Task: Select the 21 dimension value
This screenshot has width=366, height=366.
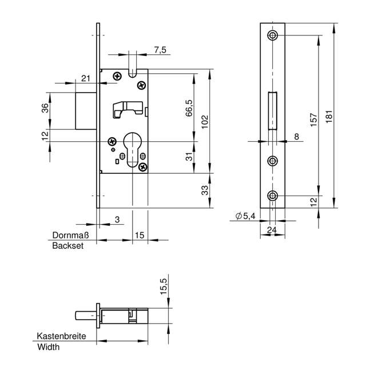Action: (86, 78)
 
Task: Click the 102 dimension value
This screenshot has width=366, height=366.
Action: (205, 122)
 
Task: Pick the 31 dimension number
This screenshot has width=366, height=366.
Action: (189, 157)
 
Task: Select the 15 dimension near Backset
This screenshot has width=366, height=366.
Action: (139, 235)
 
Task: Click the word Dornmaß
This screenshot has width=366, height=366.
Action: (68, 235)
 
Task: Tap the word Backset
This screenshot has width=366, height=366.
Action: (68, 245)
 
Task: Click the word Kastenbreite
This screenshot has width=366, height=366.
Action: (62, 336)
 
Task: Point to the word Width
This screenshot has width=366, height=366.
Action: (48, 347)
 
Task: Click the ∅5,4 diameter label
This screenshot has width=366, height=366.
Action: (245, 216)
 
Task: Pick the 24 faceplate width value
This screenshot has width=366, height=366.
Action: (273, 230)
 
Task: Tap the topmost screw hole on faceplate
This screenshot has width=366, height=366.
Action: (273, 35)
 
